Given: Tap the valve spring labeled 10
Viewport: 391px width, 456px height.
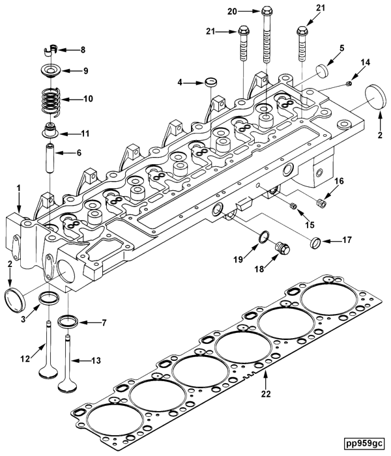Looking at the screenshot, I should coord(50,100).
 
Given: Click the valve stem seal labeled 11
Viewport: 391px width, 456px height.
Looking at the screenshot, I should coord(50,130).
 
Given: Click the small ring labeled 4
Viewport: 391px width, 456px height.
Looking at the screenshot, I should coord(212,83).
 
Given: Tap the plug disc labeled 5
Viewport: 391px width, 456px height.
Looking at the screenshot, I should coord(321,70).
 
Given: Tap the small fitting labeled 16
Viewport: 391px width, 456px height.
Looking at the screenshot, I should coord(319,204).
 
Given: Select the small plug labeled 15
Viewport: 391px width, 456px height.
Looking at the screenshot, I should coord(294,207).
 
